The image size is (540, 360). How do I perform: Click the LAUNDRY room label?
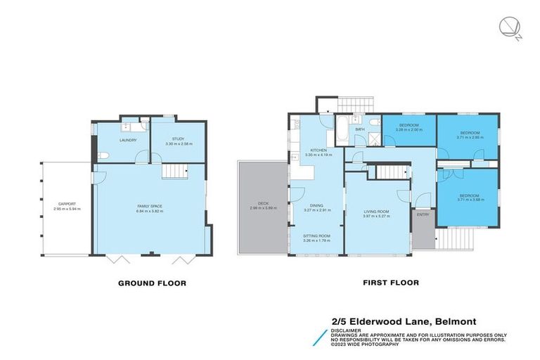pyautogui.click(x=127, y=140)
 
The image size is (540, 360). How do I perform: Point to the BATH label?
pyautogui.click(x=359, y=129)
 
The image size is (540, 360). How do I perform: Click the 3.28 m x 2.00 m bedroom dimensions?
pyautogui.click(x=409, y=130)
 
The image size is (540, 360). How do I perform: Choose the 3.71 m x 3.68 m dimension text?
pyautogui.click(x=469, y=200)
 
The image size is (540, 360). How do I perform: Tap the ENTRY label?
pyautogui.click(x=423, y=215)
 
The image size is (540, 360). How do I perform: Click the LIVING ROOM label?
pyautogui.click(x=377, y=211)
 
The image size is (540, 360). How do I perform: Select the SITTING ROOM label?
pyautogui.click(x=316, y=236)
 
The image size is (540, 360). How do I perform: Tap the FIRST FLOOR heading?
pyautogui.click(x=390, y=283)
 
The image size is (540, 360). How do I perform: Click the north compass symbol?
pyautogui.click(x=508, y=28)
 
